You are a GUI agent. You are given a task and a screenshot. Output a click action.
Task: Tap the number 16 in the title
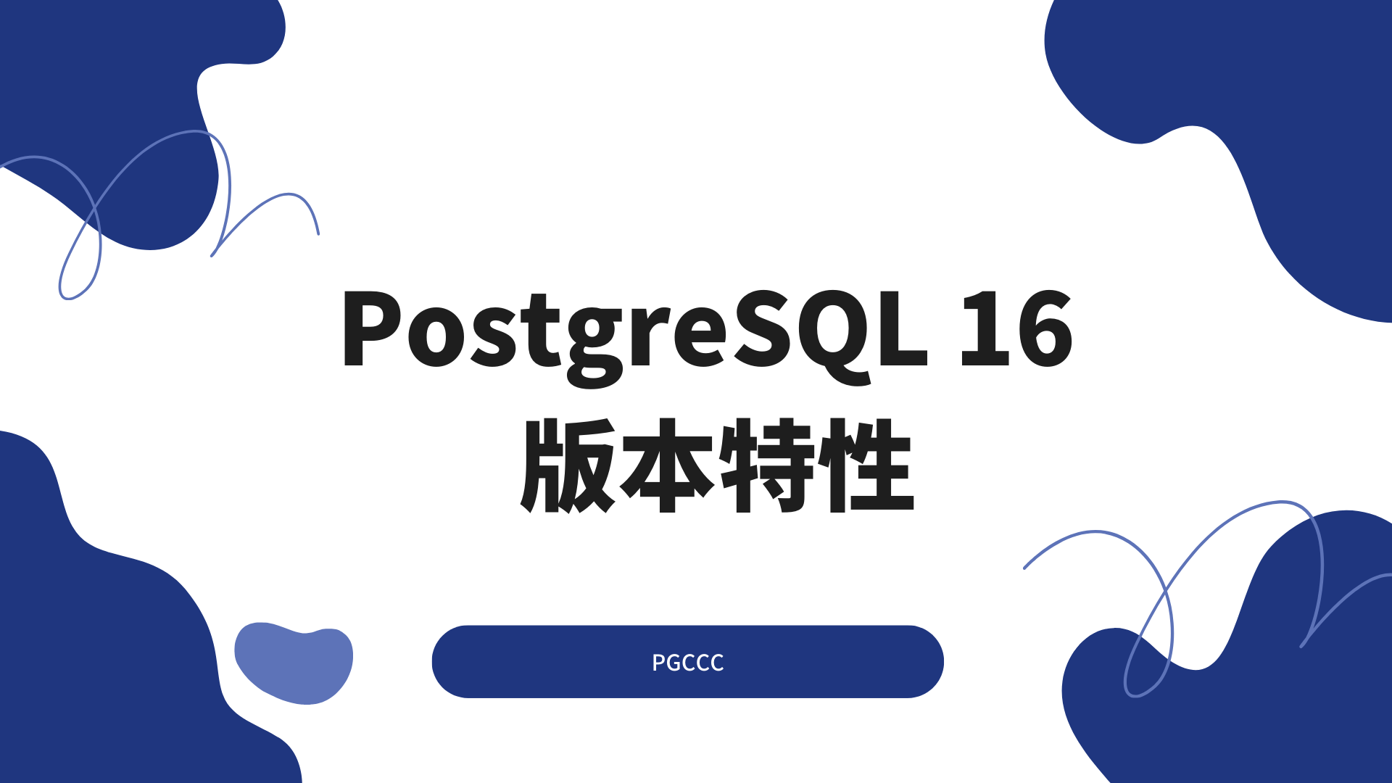(1016, 328)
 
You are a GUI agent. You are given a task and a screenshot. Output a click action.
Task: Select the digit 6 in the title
(1045, 328)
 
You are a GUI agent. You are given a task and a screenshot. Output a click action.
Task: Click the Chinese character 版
(568, 465)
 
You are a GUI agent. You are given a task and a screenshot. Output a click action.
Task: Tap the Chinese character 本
(666, 465)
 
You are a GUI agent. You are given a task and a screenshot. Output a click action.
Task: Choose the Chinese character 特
(767, 465)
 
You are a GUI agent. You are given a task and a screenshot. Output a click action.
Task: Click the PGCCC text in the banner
(687, 663)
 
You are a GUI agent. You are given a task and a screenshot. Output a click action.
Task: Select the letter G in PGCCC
(674, 663)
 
